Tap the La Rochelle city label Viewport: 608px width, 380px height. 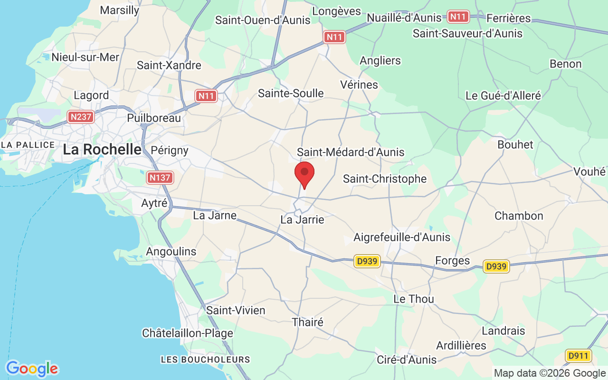pos(102,150)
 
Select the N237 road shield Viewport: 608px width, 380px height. pos(80,116)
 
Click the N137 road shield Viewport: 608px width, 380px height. pos(160,178)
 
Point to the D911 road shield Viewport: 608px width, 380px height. pos(578,355)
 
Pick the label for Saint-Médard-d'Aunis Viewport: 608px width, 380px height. pos(351,152)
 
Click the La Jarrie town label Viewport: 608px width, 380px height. pos(302,219)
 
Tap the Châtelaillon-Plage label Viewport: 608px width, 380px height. pos(188,333)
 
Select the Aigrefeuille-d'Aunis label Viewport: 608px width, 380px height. pos(402,237)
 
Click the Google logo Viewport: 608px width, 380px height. pos(32,369)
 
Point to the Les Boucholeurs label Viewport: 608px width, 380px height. pos(205,359)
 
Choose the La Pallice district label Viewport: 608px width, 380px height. pos(28,144)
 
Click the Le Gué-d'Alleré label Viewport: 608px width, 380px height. pos(503,95)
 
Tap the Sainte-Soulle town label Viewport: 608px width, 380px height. pos(291,93)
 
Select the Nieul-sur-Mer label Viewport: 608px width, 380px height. pos(85,57)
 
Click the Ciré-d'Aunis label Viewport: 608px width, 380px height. pos(406,360)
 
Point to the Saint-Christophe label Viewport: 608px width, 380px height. pos(385,179)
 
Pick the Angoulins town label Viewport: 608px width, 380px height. pos(171,251)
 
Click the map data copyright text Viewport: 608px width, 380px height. pos(550,373)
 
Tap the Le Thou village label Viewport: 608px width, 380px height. pos(414,299)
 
